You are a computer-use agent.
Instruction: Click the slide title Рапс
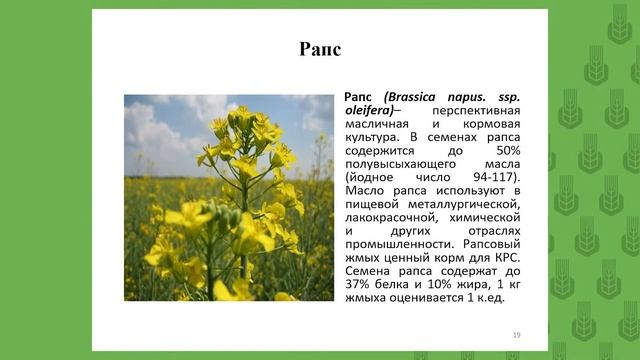320,49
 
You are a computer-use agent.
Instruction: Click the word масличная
379,123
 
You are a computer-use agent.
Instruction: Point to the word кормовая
485,123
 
